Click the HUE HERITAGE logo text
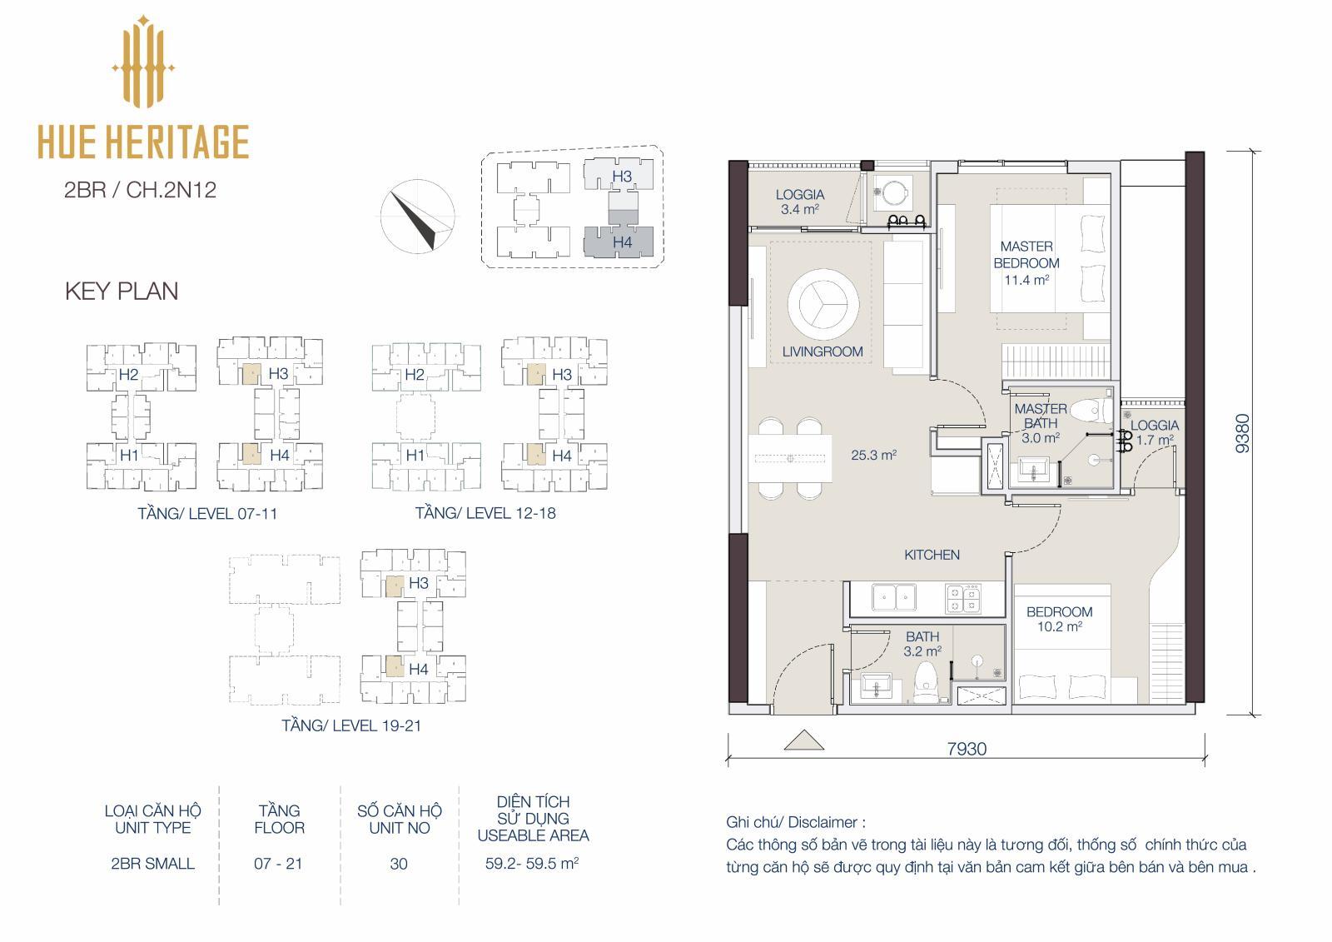pos(143,142)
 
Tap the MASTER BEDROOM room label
pos(1026,255)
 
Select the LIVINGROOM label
pos(823,351)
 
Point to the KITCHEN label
pos(932,555)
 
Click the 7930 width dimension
pos(967,749)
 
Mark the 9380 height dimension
pos(1243,433)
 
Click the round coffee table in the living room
pos(823,303)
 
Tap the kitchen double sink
pos(894,597)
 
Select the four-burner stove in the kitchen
pos(963,598)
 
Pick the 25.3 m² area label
pos(873,456)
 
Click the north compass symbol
pos(417,217)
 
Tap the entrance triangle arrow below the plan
pos(804,740)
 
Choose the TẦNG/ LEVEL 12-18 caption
pos(485,513)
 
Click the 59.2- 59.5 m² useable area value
pos(532,863)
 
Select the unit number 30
pos(399,864)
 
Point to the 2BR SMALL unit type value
pos(153,864)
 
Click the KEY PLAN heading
pos(122,291)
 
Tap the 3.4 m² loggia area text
pos(800,209)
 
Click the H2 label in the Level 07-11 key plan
pos(128,374)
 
